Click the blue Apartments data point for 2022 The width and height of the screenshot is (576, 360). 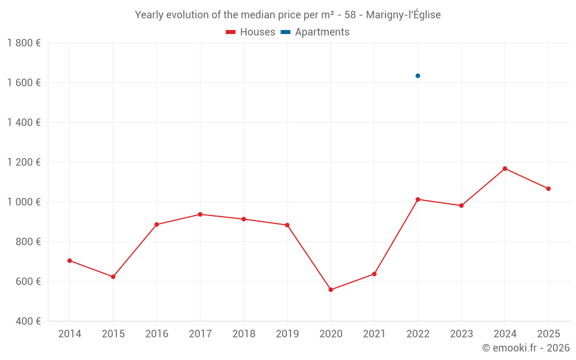click(x=418, y=76)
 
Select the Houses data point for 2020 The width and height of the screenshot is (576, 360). click(x=331, y=290)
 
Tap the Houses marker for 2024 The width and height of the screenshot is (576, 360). click(x=505, y=169)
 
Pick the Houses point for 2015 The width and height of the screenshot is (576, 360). click(x=113, y=277)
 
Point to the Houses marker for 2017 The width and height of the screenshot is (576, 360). click(x=200, y=214)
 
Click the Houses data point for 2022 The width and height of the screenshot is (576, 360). click(x=418, y=199)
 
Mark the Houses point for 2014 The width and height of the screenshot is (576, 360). click(x=70, y=261)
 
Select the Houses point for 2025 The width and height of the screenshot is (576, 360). click(x=548, y=189)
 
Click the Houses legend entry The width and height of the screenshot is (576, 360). click(x=251, y=32)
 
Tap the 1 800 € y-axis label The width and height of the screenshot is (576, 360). click(x=24, y=43)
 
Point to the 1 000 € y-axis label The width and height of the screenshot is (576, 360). click(x=24, y=202)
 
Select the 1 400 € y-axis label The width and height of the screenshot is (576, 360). click(x=24, y=123)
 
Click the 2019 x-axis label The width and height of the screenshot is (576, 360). click(x=287, y=334)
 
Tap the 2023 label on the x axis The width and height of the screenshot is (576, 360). click(x=461, y=334)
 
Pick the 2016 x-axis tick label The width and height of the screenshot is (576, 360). click(x=157, y=334)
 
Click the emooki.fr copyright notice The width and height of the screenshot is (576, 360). click(x=525, y=348)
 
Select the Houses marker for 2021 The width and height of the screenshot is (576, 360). click(x=374, y=274)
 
